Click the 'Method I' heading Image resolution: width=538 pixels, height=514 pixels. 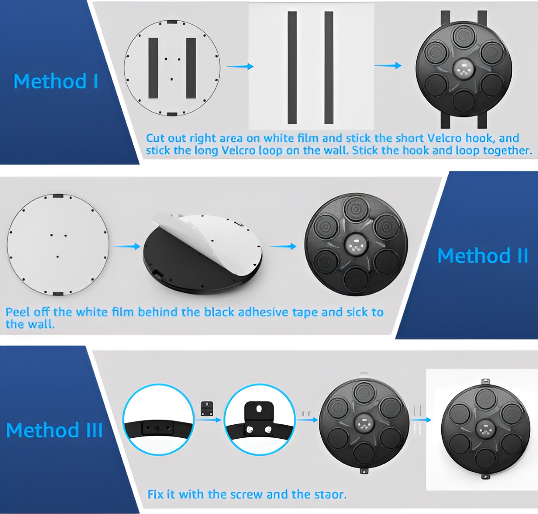tap(56, 82)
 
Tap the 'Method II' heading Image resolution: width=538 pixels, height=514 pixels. tap(483, 256)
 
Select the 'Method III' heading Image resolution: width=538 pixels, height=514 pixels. tap(55, 430)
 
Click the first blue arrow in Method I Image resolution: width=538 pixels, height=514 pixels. tap(240, 66)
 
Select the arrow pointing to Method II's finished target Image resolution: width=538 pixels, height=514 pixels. tap(283, 246)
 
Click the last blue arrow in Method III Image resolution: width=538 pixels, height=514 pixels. tap(421, 419)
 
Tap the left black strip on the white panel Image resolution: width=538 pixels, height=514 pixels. tap(292, 68)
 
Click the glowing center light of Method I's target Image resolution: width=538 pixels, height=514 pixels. tap(464, 69)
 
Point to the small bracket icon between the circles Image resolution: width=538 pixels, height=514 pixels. tap(207, 409)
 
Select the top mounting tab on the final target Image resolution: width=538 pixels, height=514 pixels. tap(485, 382)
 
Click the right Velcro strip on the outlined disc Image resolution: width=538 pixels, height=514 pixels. tap(191, 68)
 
